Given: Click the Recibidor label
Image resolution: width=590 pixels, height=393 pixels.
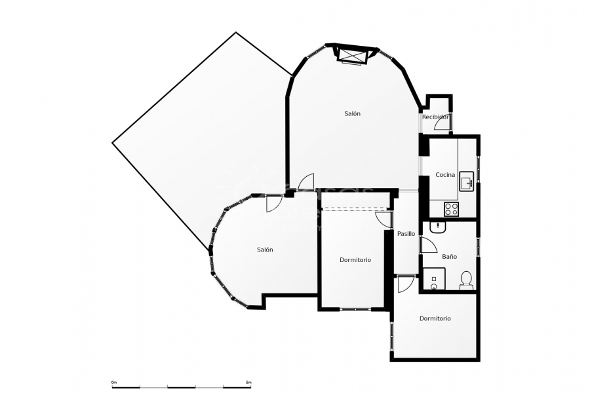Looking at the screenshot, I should pyautogui.click(x=435, y=117).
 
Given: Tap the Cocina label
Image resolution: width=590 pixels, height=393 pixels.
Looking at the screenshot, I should pyautogui.click(x=445, y=175).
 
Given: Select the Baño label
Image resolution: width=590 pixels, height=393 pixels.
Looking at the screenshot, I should pyautogui.click(x=449, y=257).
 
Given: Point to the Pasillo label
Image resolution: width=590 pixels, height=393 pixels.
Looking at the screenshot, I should pyautogui.click(x=406, y=234).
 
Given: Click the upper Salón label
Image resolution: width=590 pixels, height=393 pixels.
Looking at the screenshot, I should pyautogui.click(x=352, y=114).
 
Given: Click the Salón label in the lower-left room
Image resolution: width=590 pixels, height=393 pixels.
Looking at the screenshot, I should pyautogui.click(x=265, y=250).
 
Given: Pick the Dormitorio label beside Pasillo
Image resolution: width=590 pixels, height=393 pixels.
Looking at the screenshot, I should pyautogui.click(x=355, y=260).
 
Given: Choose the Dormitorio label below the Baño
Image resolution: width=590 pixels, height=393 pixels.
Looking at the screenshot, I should pyautogui.click(x=435, y=319).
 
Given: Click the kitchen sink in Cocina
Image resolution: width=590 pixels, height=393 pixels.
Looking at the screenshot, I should pyautogui.click(x=466, y=180).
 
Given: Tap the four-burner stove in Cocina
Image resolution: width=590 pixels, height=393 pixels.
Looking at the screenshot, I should pyautogui.click(x=452, y=209).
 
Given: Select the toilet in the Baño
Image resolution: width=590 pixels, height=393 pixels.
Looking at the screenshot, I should pyautogui.click(x=467, y=280).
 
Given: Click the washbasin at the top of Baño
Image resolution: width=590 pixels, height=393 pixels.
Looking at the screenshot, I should pyautogui.click(x=437, y=227).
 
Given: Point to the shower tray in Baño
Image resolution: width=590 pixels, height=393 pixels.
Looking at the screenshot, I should pyautogui.click(x=433, y=279).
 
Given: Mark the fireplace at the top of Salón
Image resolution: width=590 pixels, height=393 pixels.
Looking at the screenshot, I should pyautogui.click(x=352, y=54).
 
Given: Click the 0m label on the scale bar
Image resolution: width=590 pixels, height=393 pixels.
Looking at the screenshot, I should pyautogui.click(x=114, y=382).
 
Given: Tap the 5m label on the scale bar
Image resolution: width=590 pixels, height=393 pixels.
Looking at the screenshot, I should pyautogui.click(x=248, y=382).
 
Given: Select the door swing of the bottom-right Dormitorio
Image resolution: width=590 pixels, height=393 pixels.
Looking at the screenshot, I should pyautogui.click(x=406, y=284).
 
